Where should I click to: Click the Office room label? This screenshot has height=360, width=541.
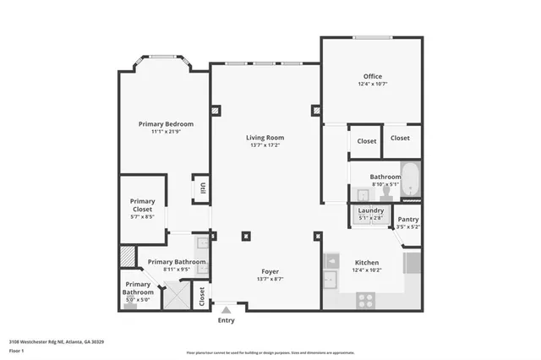coord(372,76)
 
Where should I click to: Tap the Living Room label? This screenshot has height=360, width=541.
coord(265,137)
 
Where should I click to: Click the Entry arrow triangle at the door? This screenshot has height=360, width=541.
coord(226,311)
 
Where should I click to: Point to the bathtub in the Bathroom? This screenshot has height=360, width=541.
coord(410,180)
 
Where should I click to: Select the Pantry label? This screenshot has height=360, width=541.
coord(407,219)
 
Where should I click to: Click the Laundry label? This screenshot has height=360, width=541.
coord(371,210)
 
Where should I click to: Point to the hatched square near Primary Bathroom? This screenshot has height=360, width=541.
coord(126,254)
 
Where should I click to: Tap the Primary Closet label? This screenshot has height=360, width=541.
coord(142,205)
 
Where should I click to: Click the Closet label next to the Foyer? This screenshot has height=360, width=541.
coord(201,297)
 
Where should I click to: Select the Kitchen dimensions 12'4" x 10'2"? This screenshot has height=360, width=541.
coord(366,270)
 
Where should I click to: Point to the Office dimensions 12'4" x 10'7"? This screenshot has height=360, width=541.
coord(372,84)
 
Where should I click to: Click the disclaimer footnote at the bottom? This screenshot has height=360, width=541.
coord(270,352)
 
